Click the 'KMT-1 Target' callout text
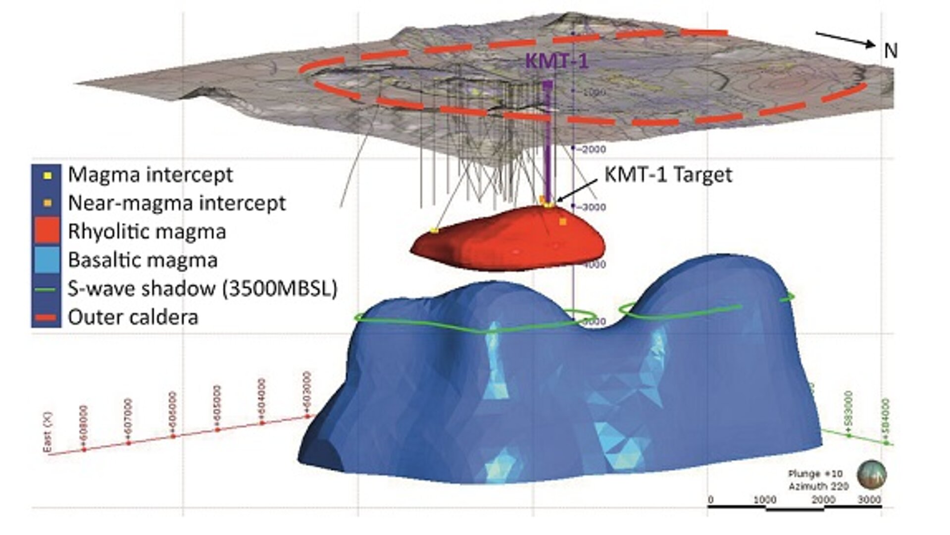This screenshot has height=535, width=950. pyautogui.click(x=668, y=175)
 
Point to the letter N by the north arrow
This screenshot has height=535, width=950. pyautogui.click(x=890, y=51)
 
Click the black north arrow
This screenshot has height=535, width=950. pyautogui.click(x=845, y=40)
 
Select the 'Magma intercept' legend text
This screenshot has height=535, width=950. pyautogui.click(x=150, y=174)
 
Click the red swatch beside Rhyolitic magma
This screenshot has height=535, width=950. pyautogui.click(x=47, y=231)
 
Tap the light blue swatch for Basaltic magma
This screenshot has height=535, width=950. pyautogui.click(x=47, y=260)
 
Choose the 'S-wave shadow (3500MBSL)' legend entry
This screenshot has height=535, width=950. pyautogui.click(x=202, y=288)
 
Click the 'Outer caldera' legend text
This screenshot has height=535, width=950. pyautogui.click(x=133, y=317)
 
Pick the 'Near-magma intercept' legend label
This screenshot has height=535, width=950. pyautogui.click(x=177, y=203)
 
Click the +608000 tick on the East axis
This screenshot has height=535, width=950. pyautogui.click(x=84, y=427)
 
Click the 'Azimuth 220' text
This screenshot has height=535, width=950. pyautogui.click(x=818, y=486)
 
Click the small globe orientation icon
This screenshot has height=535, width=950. pyautogui.click(x=872, y=475)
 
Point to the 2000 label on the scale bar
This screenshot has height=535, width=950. pyautogui.click(x=823, y=499)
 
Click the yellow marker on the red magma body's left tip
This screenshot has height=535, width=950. pyautogui.click(x=434, y=230)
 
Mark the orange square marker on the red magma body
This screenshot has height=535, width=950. pyautogui.click(x=562, y=222)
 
